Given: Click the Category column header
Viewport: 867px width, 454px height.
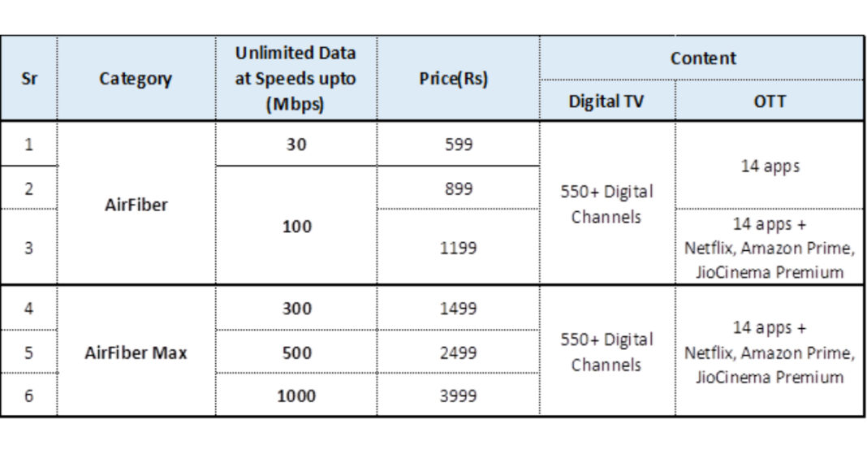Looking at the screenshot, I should (136, 79).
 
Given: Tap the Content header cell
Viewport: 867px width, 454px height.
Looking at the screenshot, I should (703, 58).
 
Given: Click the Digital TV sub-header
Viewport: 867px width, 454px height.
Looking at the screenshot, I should (606, 103).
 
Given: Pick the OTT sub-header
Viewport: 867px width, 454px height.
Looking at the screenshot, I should (769, 103).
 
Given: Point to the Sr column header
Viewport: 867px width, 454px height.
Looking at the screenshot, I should (28, 79).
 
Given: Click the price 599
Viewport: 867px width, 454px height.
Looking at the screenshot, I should (458, 145).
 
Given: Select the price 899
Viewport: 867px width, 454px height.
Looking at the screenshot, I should (458, 188).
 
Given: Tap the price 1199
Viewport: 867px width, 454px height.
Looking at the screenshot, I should (458, 248).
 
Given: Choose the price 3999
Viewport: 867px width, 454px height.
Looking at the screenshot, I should (458, 396).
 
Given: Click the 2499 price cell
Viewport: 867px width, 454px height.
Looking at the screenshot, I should (458, 353).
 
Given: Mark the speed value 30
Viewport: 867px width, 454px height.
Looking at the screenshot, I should (295, 145).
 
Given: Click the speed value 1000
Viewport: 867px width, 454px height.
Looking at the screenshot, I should (295, 396).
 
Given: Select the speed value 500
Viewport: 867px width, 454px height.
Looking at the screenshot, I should (295, 353).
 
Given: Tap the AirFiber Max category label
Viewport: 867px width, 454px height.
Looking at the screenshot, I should (136, 353).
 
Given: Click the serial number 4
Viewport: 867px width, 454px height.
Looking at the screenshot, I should (28, 309).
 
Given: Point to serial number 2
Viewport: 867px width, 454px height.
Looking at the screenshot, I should (28, 188).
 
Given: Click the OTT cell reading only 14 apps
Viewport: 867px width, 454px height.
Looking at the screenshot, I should (769, 166).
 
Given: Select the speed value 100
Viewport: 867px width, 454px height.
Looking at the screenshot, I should (295, 227).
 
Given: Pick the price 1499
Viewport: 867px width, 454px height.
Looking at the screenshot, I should (458, 309).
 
